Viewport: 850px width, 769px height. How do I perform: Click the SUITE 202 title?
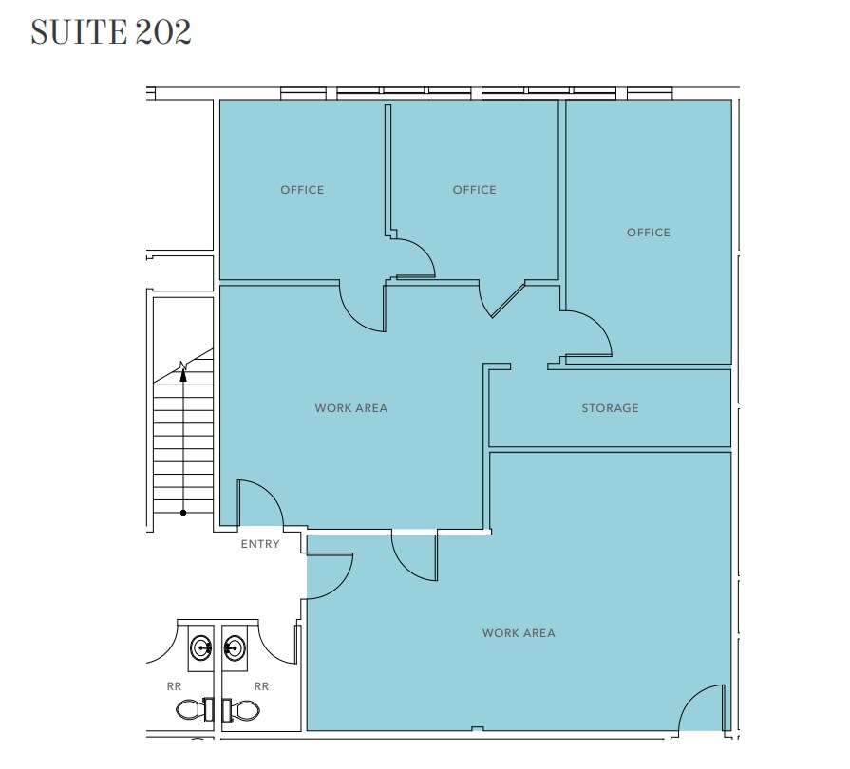[111, 31]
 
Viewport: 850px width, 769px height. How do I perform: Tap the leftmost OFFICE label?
[302, 190]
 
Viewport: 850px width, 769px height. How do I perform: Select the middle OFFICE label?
[474, 190]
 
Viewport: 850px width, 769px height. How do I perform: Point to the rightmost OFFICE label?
[648, 233]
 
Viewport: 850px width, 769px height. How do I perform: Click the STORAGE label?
[610, 408]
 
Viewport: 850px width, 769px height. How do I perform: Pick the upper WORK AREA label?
[350, 408]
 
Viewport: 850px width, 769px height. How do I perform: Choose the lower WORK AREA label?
[518, 633]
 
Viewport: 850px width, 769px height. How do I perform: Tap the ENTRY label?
[260, 544]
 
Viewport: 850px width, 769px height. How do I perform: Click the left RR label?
[174, 685]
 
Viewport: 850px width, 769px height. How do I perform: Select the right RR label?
[261, 685]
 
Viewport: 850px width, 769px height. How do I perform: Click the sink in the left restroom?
[200, 648]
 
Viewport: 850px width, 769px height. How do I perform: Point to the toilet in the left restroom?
[194, 708]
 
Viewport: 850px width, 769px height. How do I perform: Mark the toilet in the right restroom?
[243, 708]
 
